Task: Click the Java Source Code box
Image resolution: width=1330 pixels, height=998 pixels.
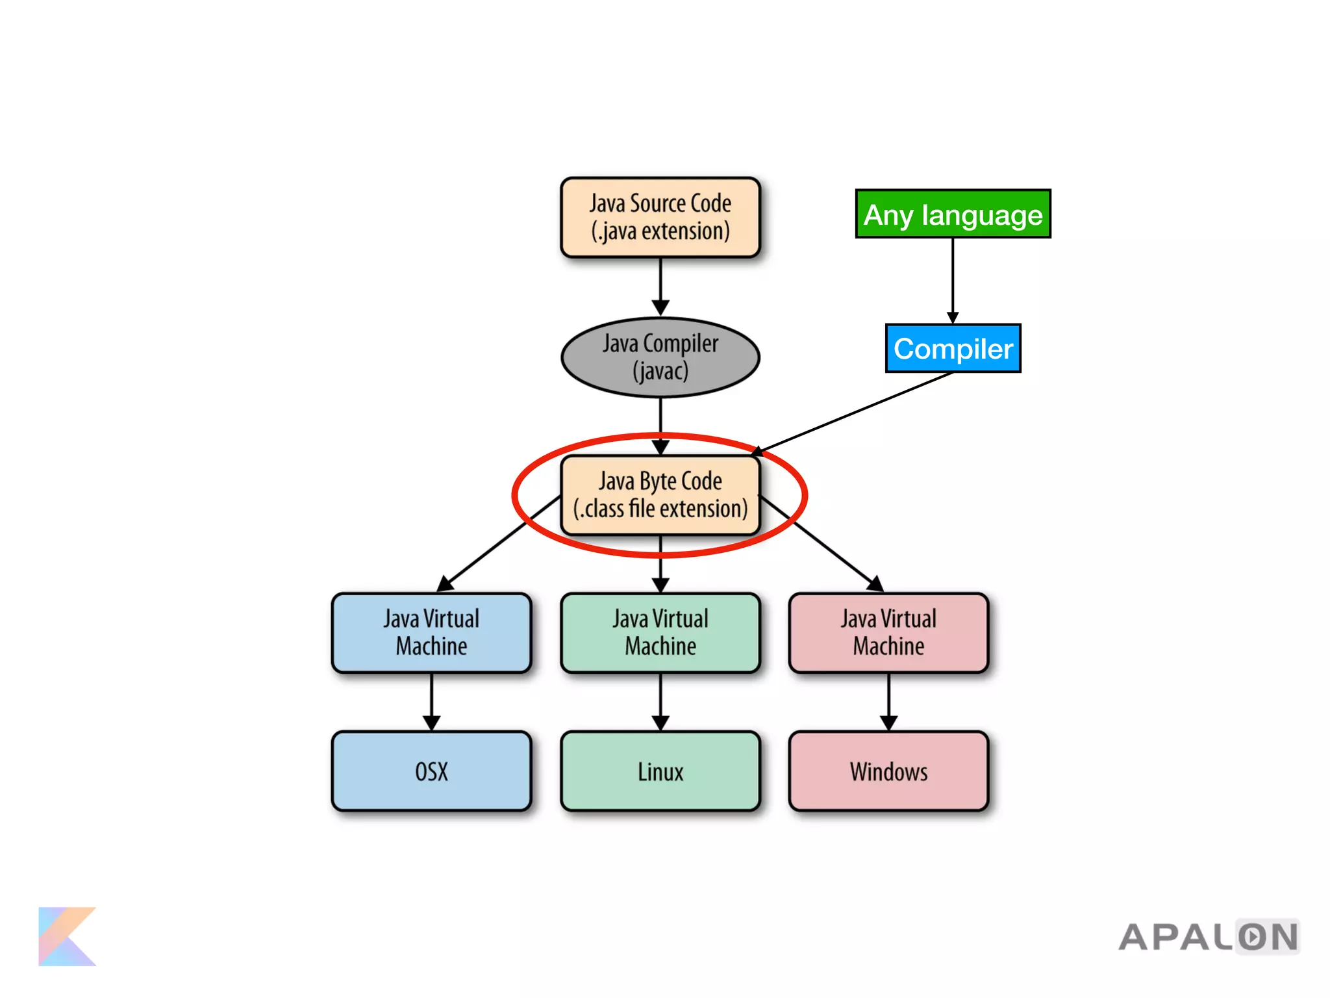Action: [660, 217]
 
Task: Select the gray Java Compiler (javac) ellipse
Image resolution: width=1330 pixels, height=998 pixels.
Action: [660, 357]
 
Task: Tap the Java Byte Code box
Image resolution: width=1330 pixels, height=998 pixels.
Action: [660, 495]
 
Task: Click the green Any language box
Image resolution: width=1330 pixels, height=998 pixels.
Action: [953, 214]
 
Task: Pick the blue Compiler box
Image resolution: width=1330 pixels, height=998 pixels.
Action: [953, 348]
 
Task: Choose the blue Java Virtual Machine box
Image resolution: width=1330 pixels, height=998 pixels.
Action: [431, 632]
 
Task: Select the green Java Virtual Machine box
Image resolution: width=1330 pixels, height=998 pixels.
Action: [660, 632]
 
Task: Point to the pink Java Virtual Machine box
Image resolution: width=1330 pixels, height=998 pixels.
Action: [888, 632]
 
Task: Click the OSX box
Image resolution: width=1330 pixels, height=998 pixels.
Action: [431, 771]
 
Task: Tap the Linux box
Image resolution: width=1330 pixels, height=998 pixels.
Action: [660, 771]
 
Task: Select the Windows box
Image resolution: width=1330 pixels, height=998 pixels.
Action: [888, 771]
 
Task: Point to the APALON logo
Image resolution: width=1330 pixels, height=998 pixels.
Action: [1208, 937]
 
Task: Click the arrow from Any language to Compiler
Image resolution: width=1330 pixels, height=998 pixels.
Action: [953, 279]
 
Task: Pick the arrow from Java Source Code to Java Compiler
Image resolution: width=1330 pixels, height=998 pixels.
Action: [660, 286]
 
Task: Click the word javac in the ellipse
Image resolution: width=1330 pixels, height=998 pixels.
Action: [660, 372]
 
